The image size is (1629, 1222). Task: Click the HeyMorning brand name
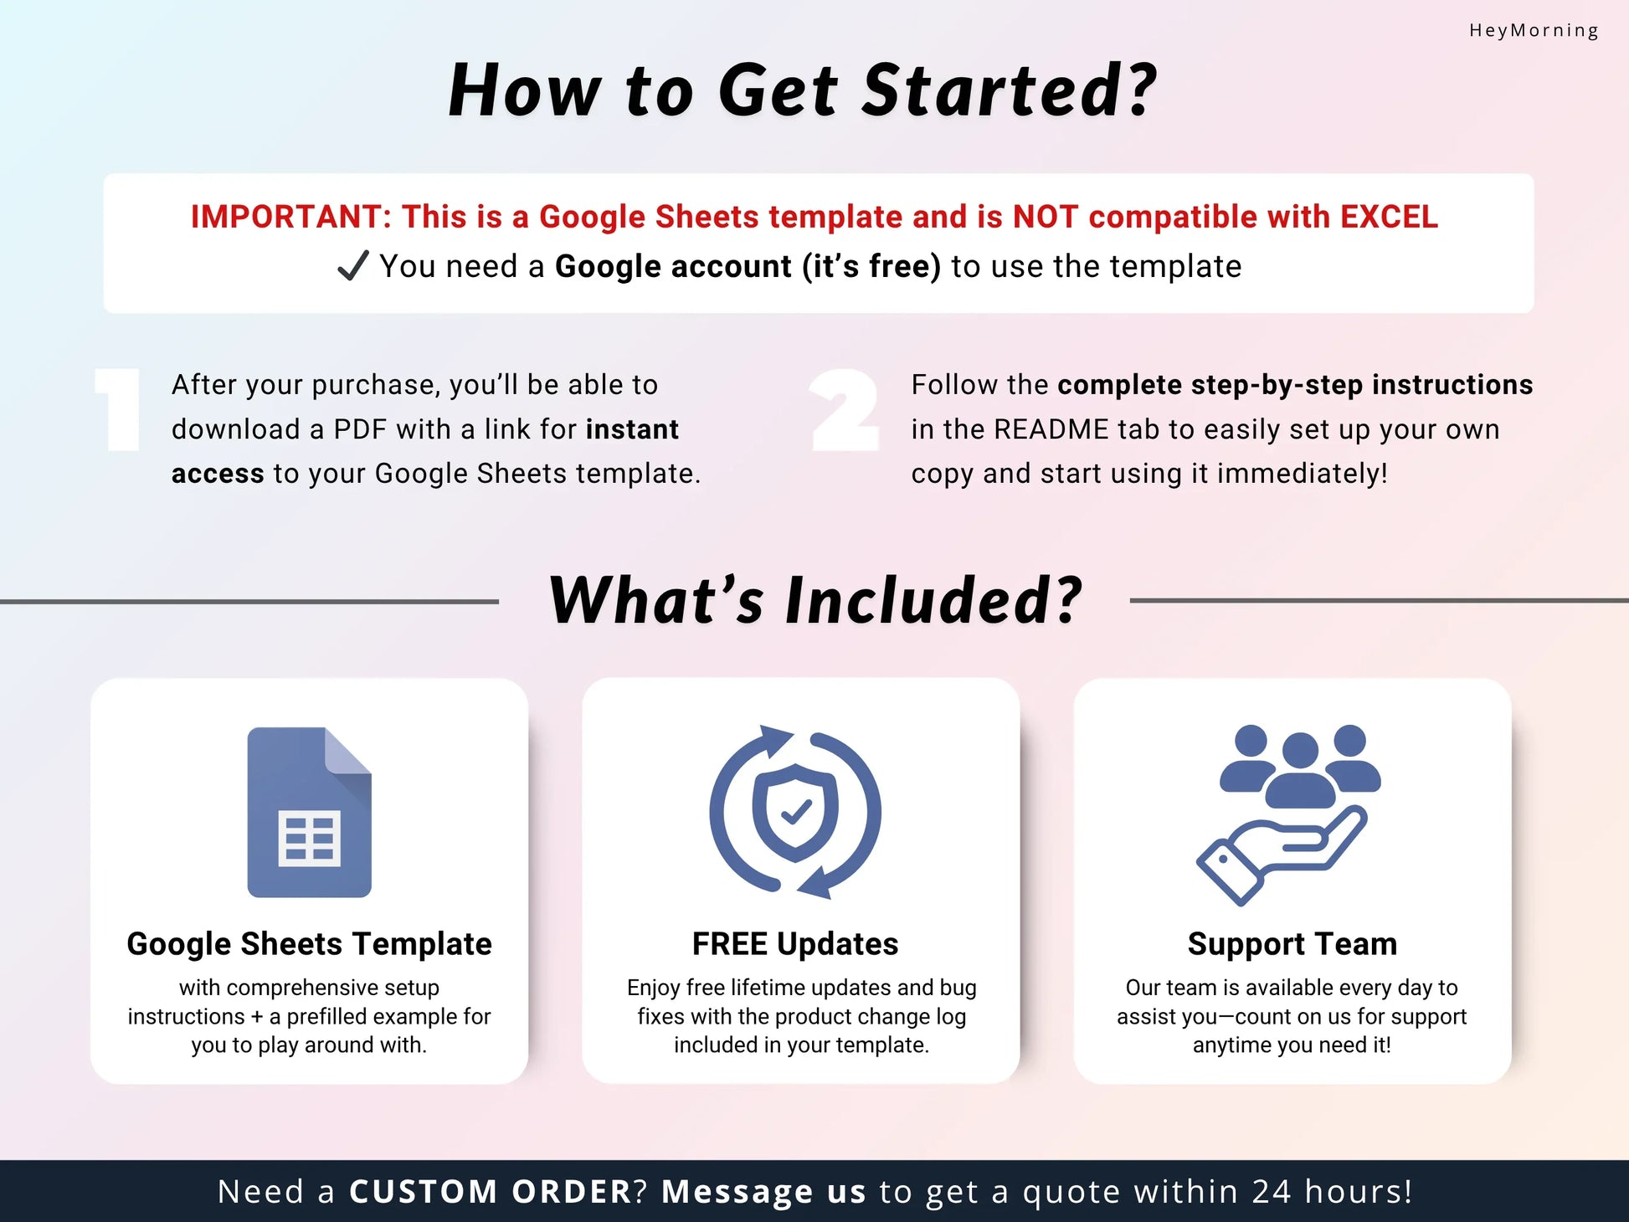pyautogui.click(x=1534, y=31)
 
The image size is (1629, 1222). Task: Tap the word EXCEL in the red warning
pyautogui.click(x=1389, y=217)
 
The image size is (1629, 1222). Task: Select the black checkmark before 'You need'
pyautogui.click(x=352, y=266)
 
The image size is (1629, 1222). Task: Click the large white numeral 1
pyautogui.click(x=120, y=410)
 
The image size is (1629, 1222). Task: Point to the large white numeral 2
pyautogui.click(x=845, y=410)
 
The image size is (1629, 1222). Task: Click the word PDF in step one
pyautogui.click(x=360, y=429)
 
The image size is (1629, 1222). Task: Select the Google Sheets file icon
pyautogui.click(x=309, y=812)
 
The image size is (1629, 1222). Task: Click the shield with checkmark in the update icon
pyautogui.click(x=794, y=812)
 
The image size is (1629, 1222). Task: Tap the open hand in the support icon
pyautogui.click(x=1281, y=854)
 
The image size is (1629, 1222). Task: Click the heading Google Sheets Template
pyautogui.click(x=309, y=944)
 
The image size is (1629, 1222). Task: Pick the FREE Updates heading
pyautogui.click(x=795, y=944)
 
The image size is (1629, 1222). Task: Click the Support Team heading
pyautogui.click(x=1292, y=944)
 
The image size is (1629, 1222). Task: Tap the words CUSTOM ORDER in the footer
pyautogui.click(x=491, y=1192)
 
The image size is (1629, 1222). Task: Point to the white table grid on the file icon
pyautogui.click(x=310, y=837)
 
